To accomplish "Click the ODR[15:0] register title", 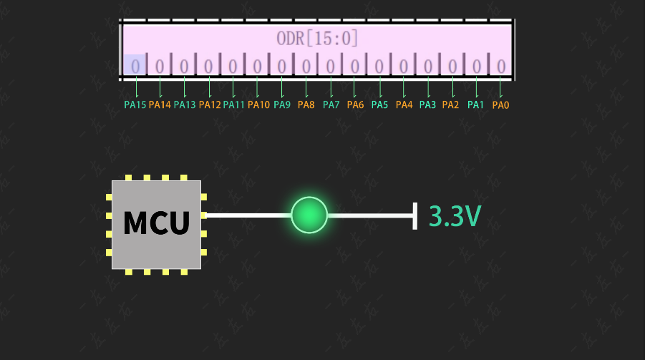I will [x=317, y=38].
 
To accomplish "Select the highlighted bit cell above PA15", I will [x=135, y=66].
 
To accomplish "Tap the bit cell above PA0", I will [x=501, y=66].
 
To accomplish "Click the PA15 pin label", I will [x=135, y=105].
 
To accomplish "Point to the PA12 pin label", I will [x=210, y=105].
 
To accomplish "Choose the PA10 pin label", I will [x=258, y=105].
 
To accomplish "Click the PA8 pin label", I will [x=306, y=105].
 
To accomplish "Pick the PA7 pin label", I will [x=331, y=105].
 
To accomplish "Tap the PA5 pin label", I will [x=379, y=105].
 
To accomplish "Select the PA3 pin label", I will [x=427, y=105].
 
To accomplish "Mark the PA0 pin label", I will [x=500, y=105].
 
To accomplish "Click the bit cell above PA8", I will [x=306, y=66].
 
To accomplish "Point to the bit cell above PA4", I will [x=404, y=66].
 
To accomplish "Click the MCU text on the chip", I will [x=156, y=223].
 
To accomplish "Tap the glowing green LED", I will [x=309, y=215].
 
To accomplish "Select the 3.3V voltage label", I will [x=455, y=215].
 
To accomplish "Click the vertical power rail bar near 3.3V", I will [x=415, y=215].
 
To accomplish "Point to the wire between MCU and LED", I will [x=248, y=215].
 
